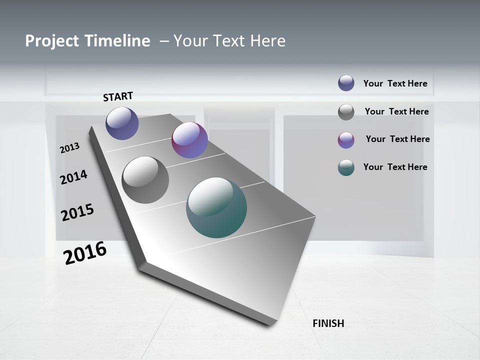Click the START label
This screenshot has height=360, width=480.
click(118, 96)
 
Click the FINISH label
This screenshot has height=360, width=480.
click(328, 323)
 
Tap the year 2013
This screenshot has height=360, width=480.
click(69, 147)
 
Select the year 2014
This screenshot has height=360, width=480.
click(73, 176)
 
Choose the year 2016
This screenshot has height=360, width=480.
click(85, 252)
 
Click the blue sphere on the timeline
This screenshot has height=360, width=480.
click(122, 123)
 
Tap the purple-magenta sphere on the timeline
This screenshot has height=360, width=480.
click(189, 140)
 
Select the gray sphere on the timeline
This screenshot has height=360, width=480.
click(145, 180)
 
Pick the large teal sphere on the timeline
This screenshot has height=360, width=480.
click(216, 207)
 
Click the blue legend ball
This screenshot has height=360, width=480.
click(346, 83)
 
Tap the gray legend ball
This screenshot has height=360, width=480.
click(346, 112)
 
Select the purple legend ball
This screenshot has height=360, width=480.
click(346, 140)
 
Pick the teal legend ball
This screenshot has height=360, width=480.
click(346, 167)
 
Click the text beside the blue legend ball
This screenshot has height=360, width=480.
click(395, 83)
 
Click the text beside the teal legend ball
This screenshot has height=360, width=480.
click(395, 167)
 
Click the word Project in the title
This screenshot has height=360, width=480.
click(52, 41)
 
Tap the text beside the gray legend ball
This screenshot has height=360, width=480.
click(396, 111)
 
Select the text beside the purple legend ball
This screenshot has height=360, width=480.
click(397, 139)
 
